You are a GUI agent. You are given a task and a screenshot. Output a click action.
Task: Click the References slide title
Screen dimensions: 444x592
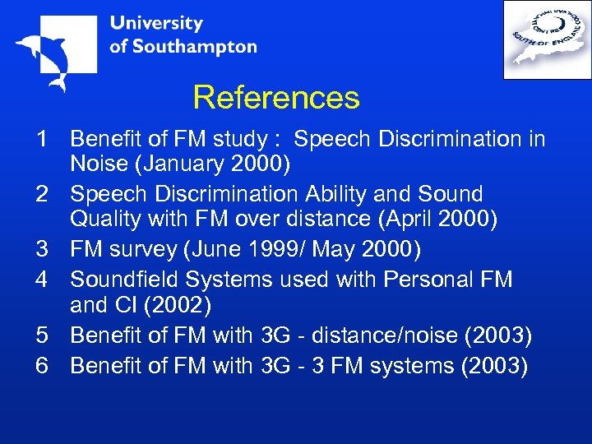pyautogui.click(x=276, y=98)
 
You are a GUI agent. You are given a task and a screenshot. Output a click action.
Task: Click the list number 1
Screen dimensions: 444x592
pyautogui.click(x=40, y=140)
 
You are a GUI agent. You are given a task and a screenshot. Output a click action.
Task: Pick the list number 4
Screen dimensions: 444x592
pyautogui.click(x=40, y=280)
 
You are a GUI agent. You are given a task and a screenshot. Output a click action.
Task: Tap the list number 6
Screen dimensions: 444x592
pyautogui.click(x=40, y=366)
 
